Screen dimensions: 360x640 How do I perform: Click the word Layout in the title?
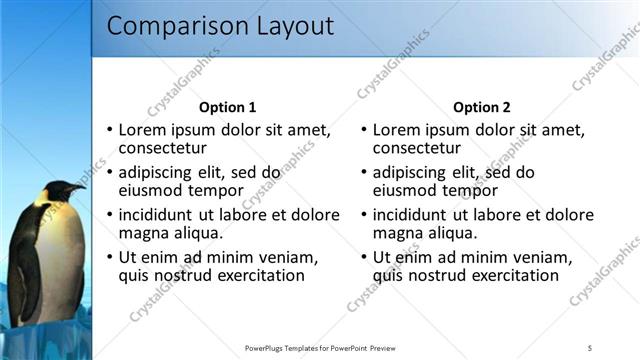click(290, 27)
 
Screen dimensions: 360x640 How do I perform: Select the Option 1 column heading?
click(228, 107)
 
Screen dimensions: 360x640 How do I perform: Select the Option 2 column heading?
click(482, 107)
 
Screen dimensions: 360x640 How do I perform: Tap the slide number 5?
click(590, 348)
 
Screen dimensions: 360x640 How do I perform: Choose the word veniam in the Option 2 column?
click(544, 257)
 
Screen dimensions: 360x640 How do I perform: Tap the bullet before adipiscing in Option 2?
click(364, 173)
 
